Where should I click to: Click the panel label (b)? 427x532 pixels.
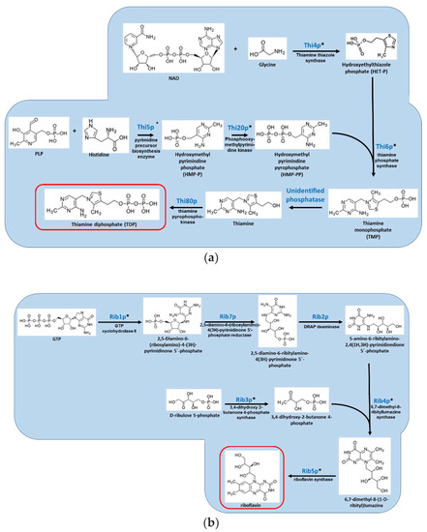coord(213,519)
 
